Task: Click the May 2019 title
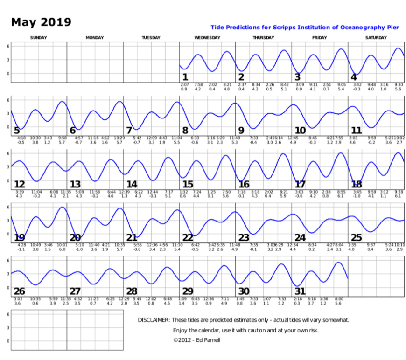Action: pyautogui.click(x=41, y=22)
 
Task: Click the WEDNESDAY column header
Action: pyautogui.click(x=207, y=37)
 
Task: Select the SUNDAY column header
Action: pyautogui.click(x=38, y=37)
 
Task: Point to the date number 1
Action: pyautogui.click(x=185, y=77)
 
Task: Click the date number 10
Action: pyautogui.click(x=300, y=130)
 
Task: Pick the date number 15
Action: pyautogui.click(x=188, y=184)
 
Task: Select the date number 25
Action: pyautogui.click(x=356, y=238)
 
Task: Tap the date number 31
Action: pyautogui.click(x=300, y=291)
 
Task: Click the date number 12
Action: pyautogui.click(x=20, y=184)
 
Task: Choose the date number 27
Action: pyautogui.click(x=75, y=291)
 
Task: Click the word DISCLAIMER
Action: pyautogui.click(x=153, y=320)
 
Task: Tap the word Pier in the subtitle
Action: pyautogui.click(x=393, y=28)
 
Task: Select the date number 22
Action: pyautogui.click(x=188, y=238)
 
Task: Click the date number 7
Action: pyautogui.click(x=129, y=130)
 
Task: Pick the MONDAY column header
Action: pyautogui.click(x=95, y=37)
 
